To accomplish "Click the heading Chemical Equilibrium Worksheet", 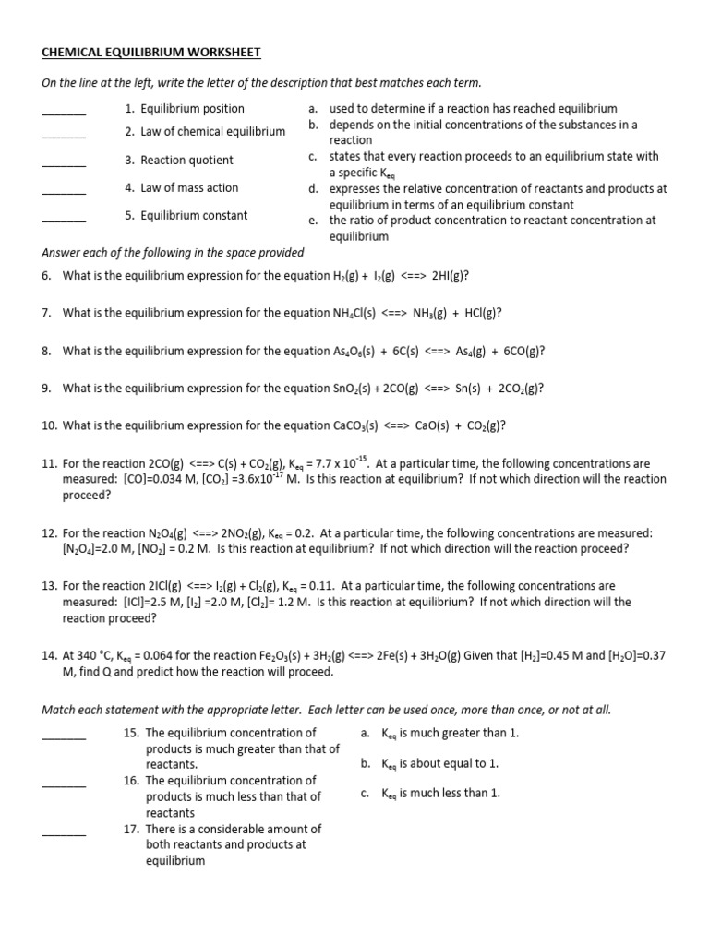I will [151, 52].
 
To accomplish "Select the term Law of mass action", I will [189, 187].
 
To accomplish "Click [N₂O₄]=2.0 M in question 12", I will [96, 548].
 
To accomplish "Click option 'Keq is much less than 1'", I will [441, 793].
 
